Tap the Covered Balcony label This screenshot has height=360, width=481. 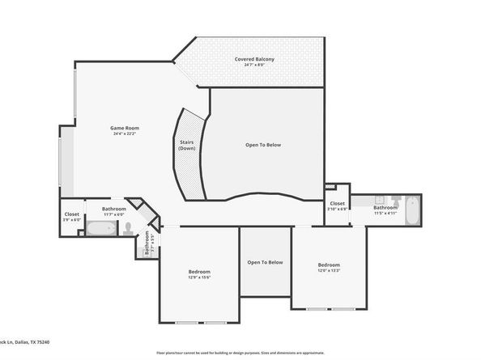click(254, 60)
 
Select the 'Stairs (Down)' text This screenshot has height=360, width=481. click(186, 146)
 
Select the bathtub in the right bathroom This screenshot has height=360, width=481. click(410, 212)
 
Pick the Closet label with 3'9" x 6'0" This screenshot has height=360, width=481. click(70, 214)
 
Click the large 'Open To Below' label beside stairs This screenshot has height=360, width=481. click(262, 145)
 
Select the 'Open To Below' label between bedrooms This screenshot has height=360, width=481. click(265, 262)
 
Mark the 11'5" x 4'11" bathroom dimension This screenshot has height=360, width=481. click(385, 214)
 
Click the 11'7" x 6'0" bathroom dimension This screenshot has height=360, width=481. click(113, 215)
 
